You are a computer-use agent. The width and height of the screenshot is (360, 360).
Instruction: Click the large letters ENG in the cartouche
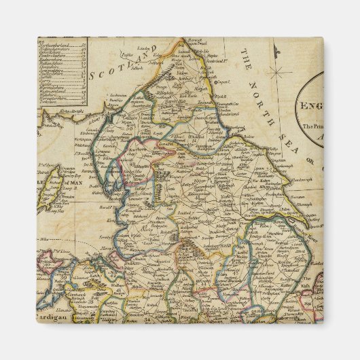point(312,107)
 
